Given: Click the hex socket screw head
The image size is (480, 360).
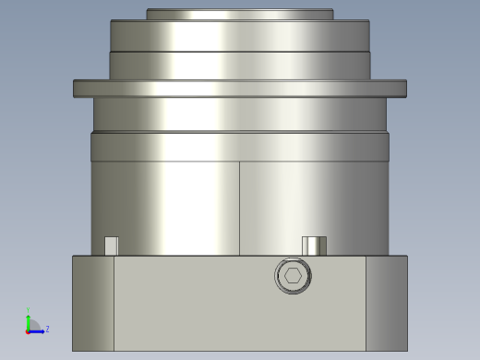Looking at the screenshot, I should click(294, 275).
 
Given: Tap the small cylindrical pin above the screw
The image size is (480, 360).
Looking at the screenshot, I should click(314, 246).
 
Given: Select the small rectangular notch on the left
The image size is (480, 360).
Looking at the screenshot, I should click(111, 246).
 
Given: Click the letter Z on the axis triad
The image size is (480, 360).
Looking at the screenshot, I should click(47, 329).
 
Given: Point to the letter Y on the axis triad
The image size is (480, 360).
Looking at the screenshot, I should click(28, 311).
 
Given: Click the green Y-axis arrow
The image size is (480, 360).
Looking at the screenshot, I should click(28, 321).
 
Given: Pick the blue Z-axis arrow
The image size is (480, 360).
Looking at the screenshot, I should click(38, 330).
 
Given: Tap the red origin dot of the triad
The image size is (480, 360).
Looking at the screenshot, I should click(28, 330).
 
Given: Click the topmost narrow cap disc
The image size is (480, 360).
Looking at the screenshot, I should click(240, 15).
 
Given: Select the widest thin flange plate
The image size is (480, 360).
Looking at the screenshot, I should click(240, 89).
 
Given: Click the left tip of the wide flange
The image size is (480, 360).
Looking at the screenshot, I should click(76, 89).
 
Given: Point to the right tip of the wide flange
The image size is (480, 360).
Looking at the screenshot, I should click(404, 89).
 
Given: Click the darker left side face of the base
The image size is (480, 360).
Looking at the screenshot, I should click(93, 303).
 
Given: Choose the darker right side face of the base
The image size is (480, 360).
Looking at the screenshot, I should click(387, 303).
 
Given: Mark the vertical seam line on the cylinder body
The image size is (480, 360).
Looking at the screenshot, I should click(240, 208).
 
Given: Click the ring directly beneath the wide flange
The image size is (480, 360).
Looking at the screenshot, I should click(240, 114).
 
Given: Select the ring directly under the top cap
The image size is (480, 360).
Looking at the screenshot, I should click(240, 35).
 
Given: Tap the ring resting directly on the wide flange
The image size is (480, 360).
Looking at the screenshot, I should click(240, 66).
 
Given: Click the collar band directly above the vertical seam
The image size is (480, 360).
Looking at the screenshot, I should click(240, 147).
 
